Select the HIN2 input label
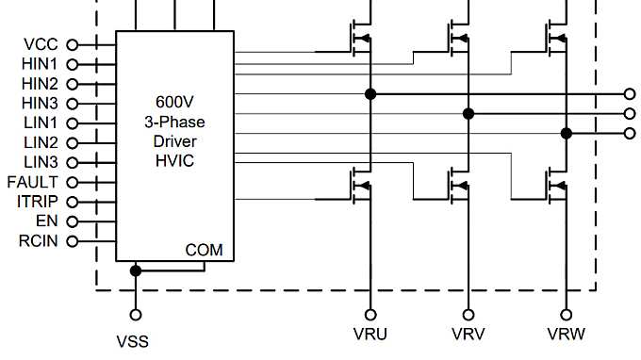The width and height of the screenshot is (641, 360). point(41,83)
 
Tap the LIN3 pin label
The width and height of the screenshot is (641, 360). point(41,162)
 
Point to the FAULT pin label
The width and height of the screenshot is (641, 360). point(33,182)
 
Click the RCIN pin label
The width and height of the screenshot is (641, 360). point(39,241)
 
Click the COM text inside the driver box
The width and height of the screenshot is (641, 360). point(205,250)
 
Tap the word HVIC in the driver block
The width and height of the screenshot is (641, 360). point(173,161)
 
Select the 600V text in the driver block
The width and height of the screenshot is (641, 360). point(174,102)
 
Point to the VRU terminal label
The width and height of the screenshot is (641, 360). point(370,335)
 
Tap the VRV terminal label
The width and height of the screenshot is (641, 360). point(468,335)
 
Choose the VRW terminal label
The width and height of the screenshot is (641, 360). point(567,335)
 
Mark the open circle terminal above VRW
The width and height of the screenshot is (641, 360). point(567,314)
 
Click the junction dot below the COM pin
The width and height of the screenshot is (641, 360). point(135,270)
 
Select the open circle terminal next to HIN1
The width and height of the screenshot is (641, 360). point(72,64)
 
